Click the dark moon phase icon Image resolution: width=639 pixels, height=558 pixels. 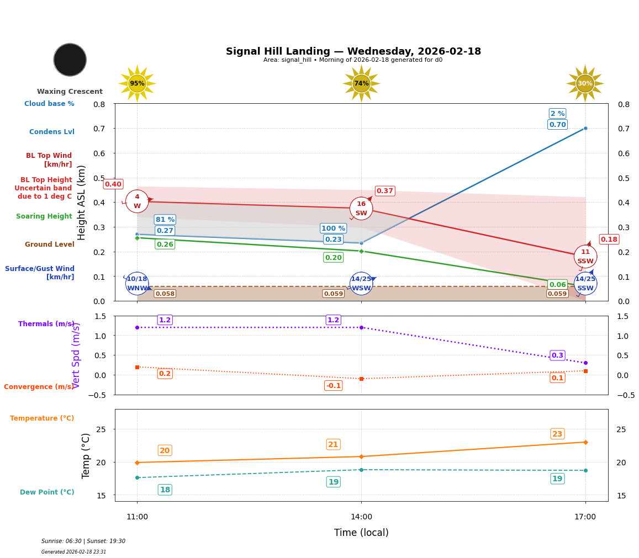pos(70,60)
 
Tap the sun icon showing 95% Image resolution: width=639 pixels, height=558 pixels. pos(137,83)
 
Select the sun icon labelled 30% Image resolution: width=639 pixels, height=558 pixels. pos(585,83)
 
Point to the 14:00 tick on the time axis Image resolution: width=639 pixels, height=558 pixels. pos(361,517)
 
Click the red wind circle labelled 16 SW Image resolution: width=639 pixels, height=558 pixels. pos(361,208)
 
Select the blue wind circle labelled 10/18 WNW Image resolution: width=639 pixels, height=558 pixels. pos(137,283)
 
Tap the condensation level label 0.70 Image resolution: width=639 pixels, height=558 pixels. pos(557,125)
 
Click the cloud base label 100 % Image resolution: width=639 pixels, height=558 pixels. pos(333,228)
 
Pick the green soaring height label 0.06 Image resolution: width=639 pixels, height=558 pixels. pos(557,285)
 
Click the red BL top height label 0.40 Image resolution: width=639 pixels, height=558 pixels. pos(113,184)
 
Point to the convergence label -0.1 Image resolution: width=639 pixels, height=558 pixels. pos(333,386)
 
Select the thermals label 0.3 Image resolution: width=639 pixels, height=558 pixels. pos(557,355)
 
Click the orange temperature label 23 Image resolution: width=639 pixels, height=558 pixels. pos(557,434)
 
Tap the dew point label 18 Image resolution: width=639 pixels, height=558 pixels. pos(165,490)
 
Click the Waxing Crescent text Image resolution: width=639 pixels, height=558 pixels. pos(70,92)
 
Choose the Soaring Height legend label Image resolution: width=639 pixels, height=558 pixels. pos(44,216)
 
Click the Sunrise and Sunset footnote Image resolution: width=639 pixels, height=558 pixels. pos(83,541)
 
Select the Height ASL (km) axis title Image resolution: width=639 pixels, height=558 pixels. pos(82,202)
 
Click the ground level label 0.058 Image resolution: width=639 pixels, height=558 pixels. pos(165,294)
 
